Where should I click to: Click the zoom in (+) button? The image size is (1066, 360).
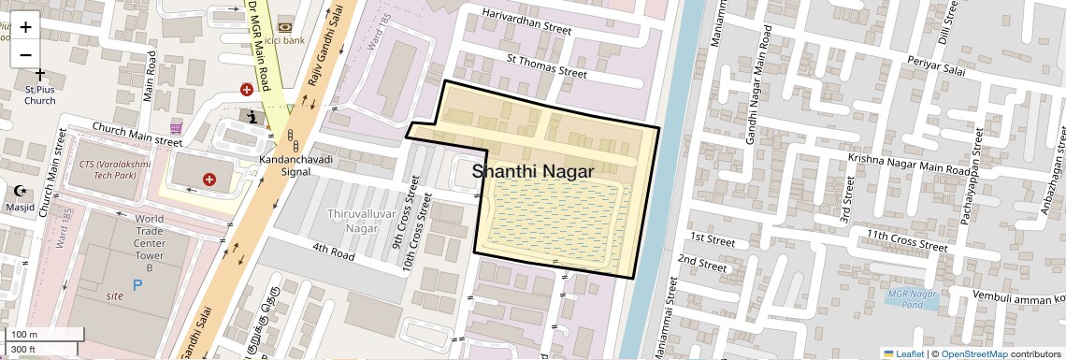[25, 26]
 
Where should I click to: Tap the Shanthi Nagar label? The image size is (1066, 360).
[533, 172]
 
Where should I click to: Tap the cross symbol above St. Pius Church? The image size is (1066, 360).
[39, 73]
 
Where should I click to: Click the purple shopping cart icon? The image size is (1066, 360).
[176, 127]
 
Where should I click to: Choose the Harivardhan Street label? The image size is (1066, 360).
[526, 22]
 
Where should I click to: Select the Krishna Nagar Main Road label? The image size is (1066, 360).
[909, 165]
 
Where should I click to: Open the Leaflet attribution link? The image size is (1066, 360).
[902, 353]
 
